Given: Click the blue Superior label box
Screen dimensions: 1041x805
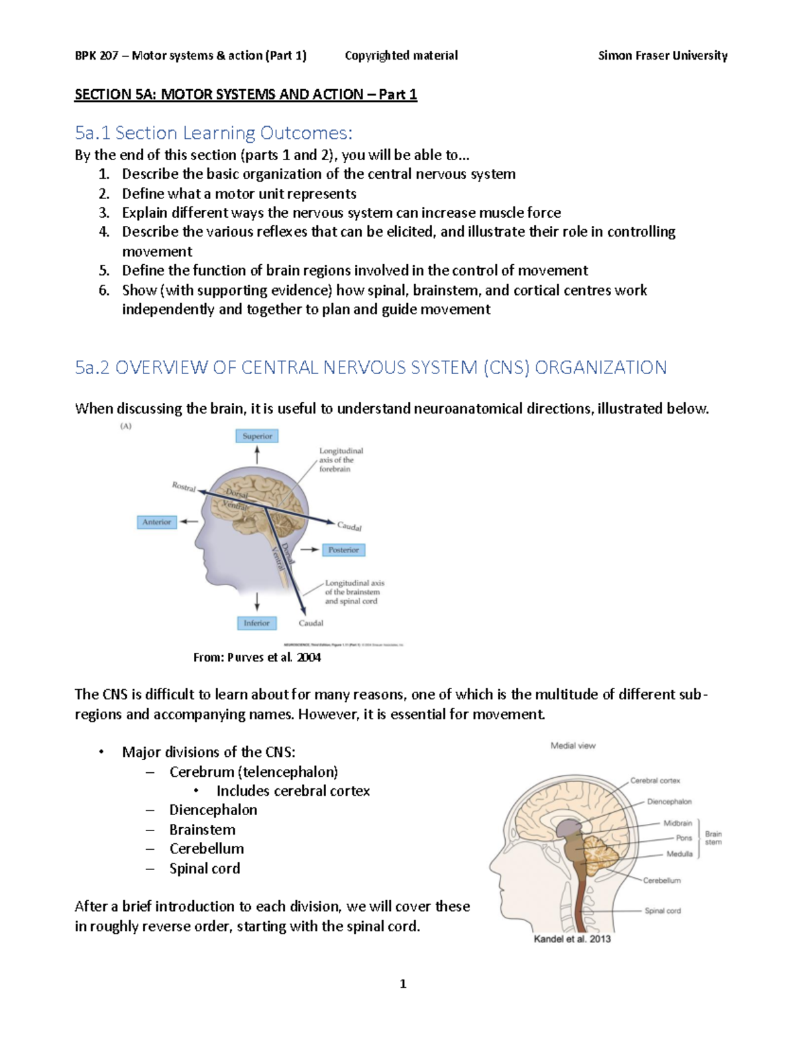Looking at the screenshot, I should pyautogui.click(x=257, y=436).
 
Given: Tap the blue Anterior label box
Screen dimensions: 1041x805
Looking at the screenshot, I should pyautogui.click(x=156, y=522).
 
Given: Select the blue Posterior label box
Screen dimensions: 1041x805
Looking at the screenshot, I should pyautogui.click(x=343, y=550).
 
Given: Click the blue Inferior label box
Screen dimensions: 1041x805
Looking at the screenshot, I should pyautogui.click(x=256, y=623).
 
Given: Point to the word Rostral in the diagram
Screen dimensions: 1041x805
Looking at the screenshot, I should pyautogui.click(x=184, y=487).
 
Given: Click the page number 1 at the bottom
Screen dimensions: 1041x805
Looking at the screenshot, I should pyautogui.click(x=402, y=984).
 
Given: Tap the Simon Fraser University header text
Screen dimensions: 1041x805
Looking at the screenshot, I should pyautogui.click(x=662, y=56).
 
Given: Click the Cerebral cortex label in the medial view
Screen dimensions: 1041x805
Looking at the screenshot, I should pyautogui.click(x=655, y=781).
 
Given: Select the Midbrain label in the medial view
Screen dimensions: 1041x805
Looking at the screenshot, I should pyautogui.click(x=678, y=823).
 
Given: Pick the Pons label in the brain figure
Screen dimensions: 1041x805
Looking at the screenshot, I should pyautogui.click(x=684, y=838).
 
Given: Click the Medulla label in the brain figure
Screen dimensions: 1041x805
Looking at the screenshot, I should pyautogui.click(x=679, y=854).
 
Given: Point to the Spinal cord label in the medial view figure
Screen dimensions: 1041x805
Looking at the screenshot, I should pyautogui.click(x=662, y=911).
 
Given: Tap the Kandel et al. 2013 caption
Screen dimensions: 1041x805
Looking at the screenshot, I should pyautogui.click(x=572, y=939).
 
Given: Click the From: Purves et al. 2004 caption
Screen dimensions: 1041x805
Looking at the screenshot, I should pyautogui.click(x=257, y=658).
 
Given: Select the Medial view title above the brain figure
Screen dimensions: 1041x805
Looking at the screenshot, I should pyautogui.click(x=573, y=745).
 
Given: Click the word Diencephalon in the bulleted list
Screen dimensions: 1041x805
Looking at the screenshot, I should pyautogui.click(x=213, y=810).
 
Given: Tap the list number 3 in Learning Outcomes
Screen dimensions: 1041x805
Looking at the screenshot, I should pyautogui.click(x=104, y=213).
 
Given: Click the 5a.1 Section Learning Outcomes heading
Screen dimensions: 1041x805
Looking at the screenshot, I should pyautogui.click(x=213, y=133).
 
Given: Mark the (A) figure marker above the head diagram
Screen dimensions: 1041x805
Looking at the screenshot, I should pyautogui.click(x=125, y=426).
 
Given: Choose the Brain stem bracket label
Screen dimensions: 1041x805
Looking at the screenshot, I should pyautogui.click(x=713, y=838).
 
